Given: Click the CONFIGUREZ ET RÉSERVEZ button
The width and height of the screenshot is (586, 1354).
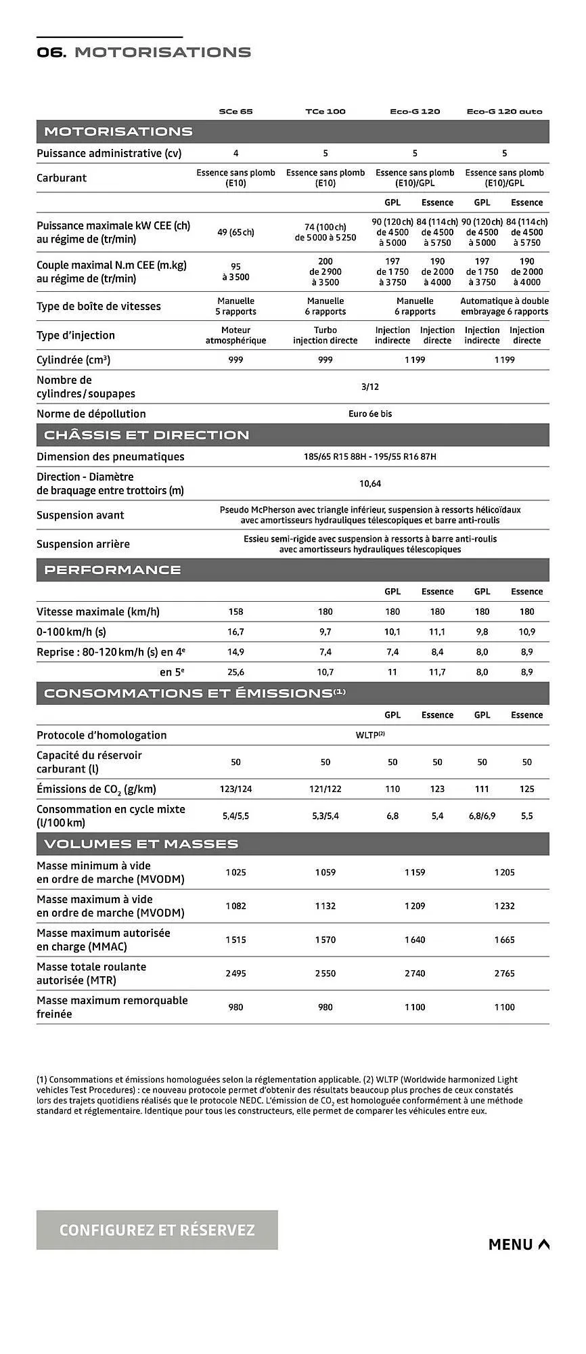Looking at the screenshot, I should click(157, 1230).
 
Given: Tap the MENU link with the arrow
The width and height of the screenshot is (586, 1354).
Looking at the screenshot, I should click(518, 1244).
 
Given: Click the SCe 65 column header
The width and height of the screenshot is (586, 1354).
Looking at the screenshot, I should click(235, 111).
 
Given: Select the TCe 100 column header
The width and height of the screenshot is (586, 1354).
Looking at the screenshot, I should click(325, 111).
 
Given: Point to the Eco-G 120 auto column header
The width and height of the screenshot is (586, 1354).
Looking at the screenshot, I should click(504, 111).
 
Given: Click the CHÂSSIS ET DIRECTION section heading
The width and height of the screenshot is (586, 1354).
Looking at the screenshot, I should click(147, 435).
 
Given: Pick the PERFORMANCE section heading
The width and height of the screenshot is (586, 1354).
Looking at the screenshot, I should click(112, 570).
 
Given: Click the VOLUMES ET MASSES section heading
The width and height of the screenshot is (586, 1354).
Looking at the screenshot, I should click(141, 844).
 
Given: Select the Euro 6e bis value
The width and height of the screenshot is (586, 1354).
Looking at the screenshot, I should click(369, 414).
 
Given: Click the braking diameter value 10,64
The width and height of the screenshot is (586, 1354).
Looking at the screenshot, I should click(369, 483).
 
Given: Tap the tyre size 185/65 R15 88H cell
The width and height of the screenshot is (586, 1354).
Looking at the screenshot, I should click(369, 456).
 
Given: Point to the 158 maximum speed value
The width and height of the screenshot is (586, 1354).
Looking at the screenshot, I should click(235, 611).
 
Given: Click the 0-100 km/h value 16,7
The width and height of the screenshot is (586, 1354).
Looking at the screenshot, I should click(235, 632).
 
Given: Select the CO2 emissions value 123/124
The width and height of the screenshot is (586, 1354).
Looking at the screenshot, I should click(235, 789).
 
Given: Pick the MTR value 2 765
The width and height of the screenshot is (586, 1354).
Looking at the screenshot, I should click(504, 974).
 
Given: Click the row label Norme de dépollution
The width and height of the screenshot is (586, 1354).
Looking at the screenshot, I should click(91, 414).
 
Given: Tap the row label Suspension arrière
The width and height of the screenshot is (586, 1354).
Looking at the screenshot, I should click(83, 544).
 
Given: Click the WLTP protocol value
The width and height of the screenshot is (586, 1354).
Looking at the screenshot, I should click(369, 735).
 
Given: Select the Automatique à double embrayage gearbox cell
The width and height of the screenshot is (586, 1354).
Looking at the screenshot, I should click(504, 306).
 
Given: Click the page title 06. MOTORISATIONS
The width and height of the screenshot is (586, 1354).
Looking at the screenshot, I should click(143, 52).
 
